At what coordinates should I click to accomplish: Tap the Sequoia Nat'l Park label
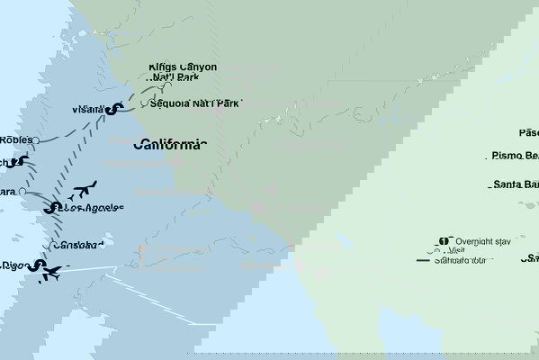tap(194, 103)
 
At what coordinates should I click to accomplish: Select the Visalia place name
tap(87, 111)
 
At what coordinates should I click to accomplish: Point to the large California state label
tap(170, 144)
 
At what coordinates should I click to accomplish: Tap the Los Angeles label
tap(89, 208)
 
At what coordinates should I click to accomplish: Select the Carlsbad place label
tap(79, 245)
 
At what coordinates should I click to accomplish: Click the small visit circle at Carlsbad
tap(49, 244)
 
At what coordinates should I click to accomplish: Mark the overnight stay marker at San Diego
tap(36, 265)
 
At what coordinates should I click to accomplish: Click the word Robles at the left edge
tap(17, 140)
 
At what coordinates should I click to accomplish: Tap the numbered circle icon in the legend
tap(443, 240)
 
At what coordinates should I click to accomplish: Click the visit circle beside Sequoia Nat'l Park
tap(144, 102)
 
